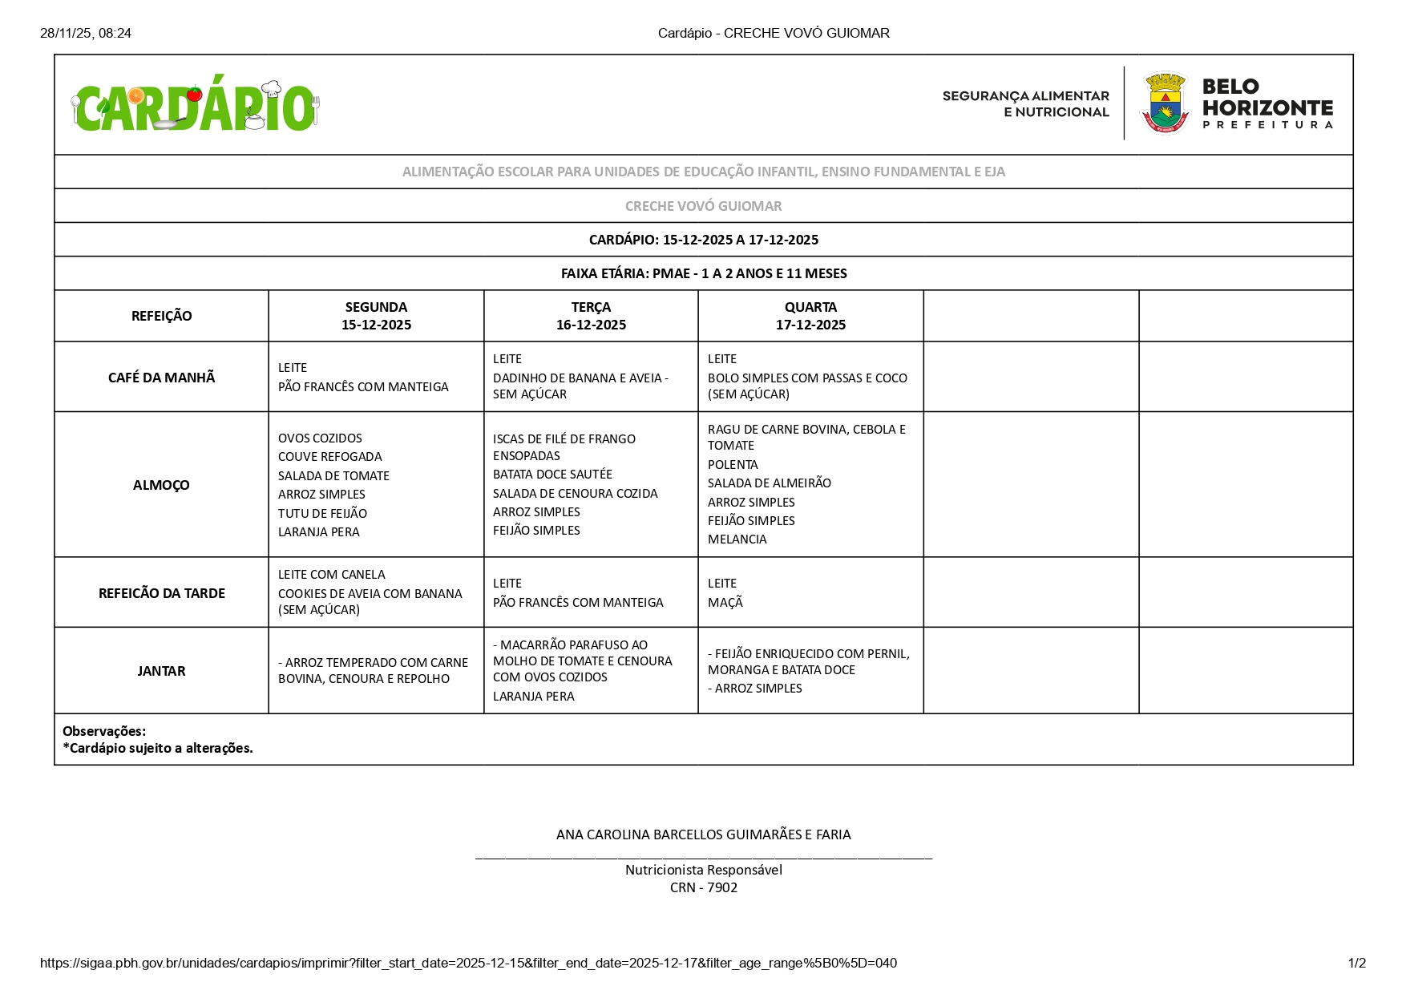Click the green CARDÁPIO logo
(x=195, y=107)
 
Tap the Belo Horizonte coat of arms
(x=1165, y=104)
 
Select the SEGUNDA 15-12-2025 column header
(x=376, y=316)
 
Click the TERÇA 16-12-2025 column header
(x=591, y=316)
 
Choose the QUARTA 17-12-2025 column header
(x=810, y=316)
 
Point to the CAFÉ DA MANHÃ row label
(x=161, y=378)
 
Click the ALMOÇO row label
(x=161, y=485)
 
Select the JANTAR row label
(x=161, y=671)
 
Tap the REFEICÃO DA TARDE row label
(x=161, y=593)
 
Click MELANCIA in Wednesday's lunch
(x=737, y=539)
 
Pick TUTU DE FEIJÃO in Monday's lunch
(x=322, y=514)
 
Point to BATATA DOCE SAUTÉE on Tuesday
(x=552, y=475)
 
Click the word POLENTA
(x=733, y=465)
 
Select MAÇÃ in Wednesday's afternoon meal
(x=725, y=603)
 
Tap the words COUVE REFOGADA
(x=329, y=457)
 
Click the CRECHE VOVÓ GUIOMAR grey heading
(x=703, y=206)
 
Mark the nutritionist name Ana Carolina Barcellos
(x=703, y=834)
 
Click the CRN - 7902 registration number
(x=703, y=887)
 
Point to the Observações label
(x=104, y=731)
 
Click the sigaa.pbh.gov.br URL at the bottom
(x=468, y=963)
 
